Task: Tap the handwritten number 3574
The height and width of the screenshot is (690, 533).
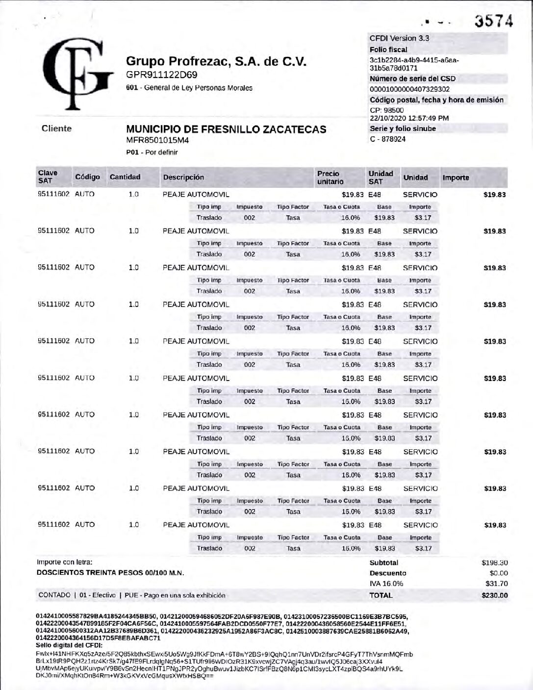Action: pos(493,22)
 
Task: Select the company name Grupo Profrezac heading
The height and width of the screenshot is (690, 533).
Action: pos(216,62)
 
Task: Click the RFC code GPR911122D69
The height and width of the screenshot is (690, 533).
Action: pos(162,75)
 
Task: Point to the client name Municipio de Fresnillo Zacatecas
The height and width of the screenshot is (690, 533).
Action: pos(226,129)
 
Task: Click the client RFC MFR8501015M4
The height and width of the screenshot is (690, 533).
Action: pos(157,140)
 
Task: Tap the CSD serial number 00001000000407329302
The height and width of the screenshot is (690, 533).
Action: pos(409,89)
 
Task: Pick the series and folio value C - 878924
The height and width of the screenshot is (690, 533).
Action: pos(388,139)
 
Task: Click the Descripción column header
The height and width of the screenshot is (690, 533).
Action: pos(183,178)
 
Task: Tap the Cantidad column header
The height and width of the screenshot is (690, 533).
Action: pos(125,177)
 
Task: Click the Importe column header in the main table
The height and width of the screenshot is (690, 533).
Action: pos(456,178)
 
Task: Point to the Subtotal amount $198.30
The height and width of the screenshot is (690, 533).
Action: pos(494,563)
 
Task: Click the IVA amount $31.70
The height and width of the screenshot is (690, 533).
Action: pos(497,584)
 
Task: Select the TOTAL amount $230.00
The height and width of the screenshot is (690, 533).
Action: pos(494,595)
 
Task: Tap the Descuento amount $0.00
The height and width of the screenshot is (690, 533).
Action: pos(499,573)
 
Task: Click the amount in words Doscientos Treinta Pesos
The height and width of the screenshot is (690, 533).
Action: pos(111,573)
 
